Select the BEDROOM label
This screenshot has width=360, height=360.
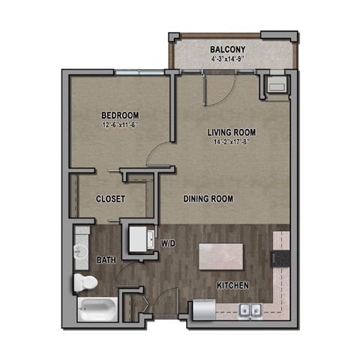(121, 115)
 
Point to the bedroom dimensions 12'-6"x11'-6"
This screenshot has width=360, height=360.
(121, 125)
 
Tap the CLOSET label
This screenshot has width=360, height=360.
(110, 199)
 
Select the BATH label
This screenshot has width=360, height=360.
(106, 260)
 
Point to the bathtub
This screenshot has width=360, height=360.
(96, 309)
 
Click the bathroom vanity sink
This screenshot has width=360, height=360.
(81, 250)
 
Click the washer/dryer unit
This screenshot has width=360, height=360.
(140, 239)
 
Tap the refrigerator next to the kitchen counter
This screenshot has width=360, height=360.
(202, 309)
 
